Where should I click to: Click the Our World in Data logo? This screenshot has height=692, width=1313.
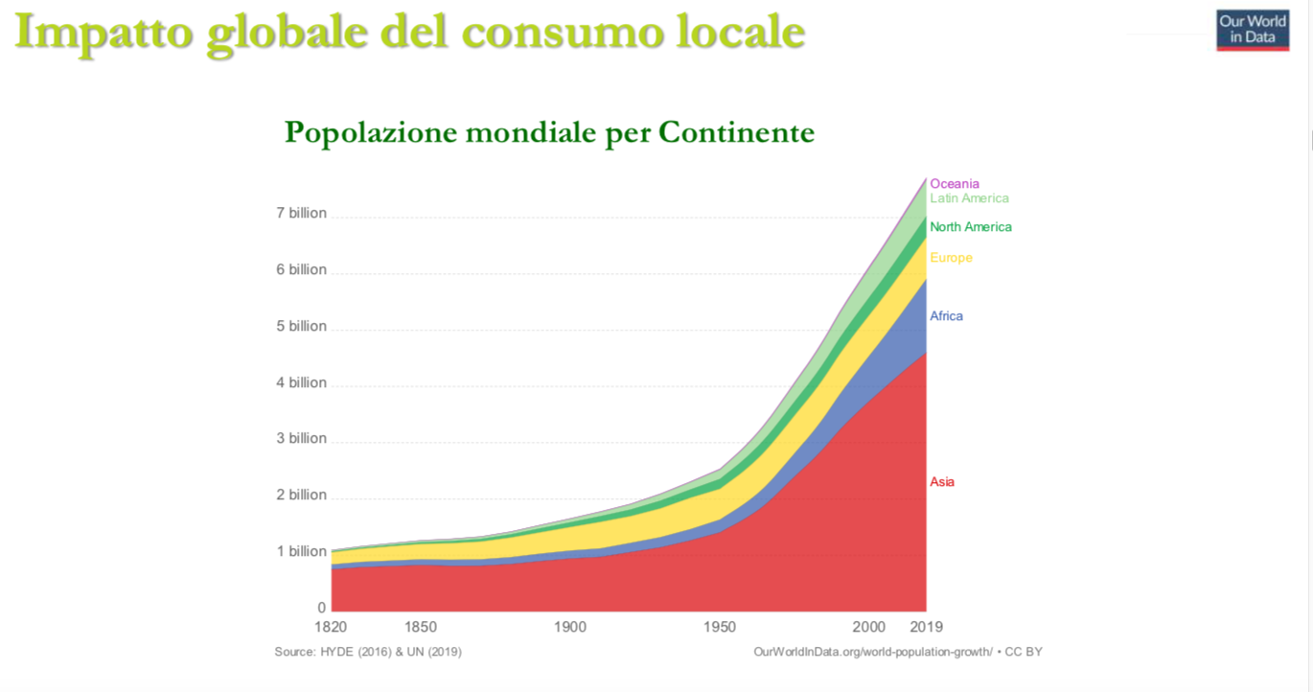pyautogui.click(x=1253, y=30)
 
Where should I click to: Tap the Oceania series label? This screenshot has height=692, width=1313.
pyautogui.click(x=955, y=184)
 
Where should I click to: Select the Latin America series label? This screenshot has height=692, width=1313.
pyautogui.click(x=969, y=198)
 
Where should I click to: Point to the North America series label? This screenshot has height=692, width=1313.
pyautogui.click(x=970, y=227)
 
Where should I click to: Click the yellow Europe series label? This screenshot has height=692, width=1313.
pyautogui.click(x=951, y=258)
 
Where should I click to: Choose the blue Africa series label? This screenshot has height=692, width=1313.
pyautogui.click(x=946, y=316)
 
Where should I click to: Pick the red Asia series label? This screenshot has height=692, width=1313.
pyautogui.click(x=942, y=482)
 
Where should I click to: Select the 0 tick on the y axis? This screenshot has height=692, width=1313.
pyautogui.click(x=321, y=608)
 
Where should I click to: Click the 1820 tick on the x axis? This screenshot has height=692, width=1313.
pyautogui.click(x=331, y=628)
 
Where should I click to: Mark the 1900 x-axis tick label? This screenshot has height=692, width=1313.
pyautogui.click(x=569, y=628)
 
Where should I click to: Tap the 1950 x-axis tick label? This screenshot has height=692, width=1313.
pyautogui.click(x=720, y=628)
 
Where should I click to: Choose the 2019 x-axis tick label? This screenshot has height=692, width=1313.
pyautogui.click(x=926, y=628)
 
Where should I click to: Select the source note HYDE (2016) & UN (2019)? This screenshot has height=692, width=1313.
pyautogui.click(x=368, y=652)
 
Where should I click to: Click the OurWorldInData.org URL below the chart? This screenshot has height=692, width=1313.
pyautogui.click(x=872, y=652)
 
